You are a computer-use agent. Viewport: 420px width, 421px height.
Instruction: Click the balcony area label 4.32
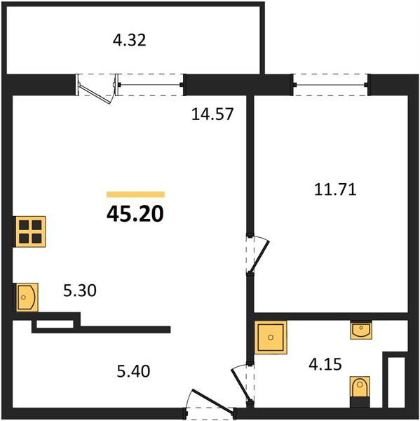129,41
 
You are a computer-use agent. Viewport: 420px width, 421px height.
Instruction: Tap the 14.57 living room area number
212,114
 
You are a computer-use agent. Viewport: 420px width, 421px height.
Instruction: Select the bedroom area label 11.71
335,189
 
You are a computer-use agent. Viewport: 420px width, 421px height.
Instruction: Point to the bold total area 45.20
135,214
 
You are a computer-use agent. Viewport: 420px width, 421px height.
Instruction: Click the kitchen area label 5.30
80,290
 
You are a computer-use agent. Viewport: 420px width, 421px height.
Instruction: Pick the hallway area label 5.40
133,372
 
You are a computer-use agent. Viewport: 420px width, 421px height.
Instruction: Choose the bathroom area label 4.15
325,365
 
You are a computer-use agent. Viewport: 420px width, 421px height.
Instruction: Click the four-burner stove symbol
29,232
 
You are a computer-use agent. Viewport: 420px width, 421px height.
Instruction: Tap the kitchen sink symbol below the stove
26,298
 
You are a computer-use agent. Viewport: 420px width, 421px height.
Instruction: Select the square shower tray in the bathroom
271,337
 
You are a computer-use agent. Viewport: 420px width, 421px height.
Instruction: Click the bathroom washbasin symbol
361,330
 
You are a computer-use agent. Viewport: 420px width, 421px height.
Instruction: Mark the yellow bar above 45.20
135,194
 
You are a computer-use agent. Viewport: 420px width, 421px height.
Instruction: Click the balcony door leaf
95,93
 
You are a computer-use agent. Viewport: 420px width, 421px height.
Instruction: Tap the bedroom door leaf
259,256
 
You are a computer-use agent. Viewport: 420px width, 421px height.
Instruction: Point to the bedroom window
331,85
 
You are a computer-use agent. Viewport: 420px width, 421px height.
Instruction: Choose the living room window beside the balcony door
150,85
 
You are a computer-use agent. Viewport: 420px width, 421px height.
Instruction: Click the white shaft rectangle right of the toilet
396,382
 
